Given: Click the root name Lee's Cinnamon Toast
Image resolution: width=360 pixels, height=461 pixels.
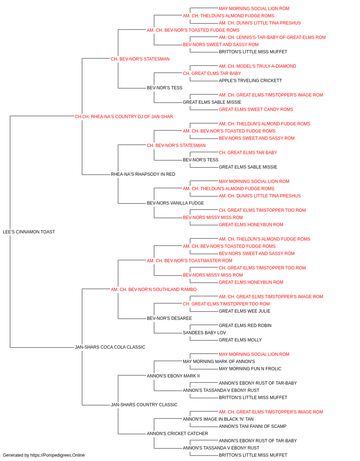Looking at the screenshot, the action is (x=29, y=232).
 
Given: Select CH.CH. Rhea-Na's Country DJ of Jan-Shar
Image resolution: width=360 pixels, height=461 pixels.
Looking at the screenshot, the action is (x=124, y=117).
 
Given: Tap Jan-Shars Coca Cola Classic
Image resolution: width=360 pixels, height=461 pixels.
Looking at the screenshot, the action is (x=110, y=347).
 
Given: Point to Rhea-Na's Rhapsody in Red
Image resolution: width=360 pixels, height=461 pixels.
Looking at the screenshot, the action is (x=143, y=174).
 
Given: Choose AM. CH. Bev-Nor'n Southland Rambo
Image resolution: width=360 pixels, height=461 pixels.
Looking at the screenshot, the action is (x=154, y=289).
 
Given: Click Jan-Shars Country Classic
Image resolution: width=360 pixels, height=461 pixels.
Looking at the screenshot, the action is (x=144, y=404).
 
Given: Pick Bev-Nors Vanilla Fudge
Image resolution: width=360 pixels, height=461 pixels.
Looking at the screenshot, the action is (x=175, y=203).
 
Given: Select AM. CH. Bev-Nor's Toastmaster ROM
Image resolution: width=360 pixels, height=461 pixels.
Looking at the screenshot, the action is (x=190, y=260).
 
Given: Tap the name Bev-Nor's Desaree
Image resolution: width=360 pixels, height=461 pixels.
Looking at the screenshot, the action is (x=169, y=318).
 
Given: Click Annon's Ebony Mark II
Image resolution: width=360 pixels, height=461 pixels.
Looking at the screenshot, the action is (x=173, y=376).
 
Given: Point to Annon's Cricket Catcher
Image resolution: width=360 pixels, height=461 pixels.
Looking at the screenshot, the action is (x=177, y=433).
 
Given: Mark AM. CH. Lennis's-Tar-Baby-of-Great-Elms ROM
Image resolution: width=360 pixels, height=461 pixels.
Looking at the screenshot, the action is (x=272, y=37).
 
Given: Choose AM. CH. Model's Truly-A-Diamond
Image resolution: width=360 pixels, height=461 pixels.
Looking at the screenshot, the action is (x=257, y=66).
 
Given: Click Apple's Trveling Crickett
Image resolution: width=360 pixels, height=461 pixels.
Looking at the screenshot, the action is (x=251, y=81).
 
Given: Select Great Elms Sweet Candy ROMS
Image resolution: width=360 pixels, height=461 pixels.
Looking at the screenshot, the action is (x=256, y=109).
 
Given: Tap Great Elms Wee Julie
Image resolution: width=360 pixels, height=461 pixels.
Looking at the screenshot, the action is (x=244, y=311).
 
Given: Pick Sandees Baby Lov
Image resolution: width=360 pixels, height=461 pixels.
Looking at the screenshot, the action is (x=204, y=333).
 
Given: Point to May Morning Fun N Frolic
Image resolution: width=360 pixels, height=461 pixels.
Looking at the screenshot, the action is (x=250, y=369).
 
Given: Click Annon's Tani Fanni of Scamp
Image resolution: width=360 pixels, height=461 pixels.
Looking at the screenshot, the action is (x=252, y=426).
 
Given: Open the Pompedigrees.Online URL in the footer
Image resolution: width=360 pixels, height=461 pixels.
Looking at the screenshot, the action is (x=57, y=455).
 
